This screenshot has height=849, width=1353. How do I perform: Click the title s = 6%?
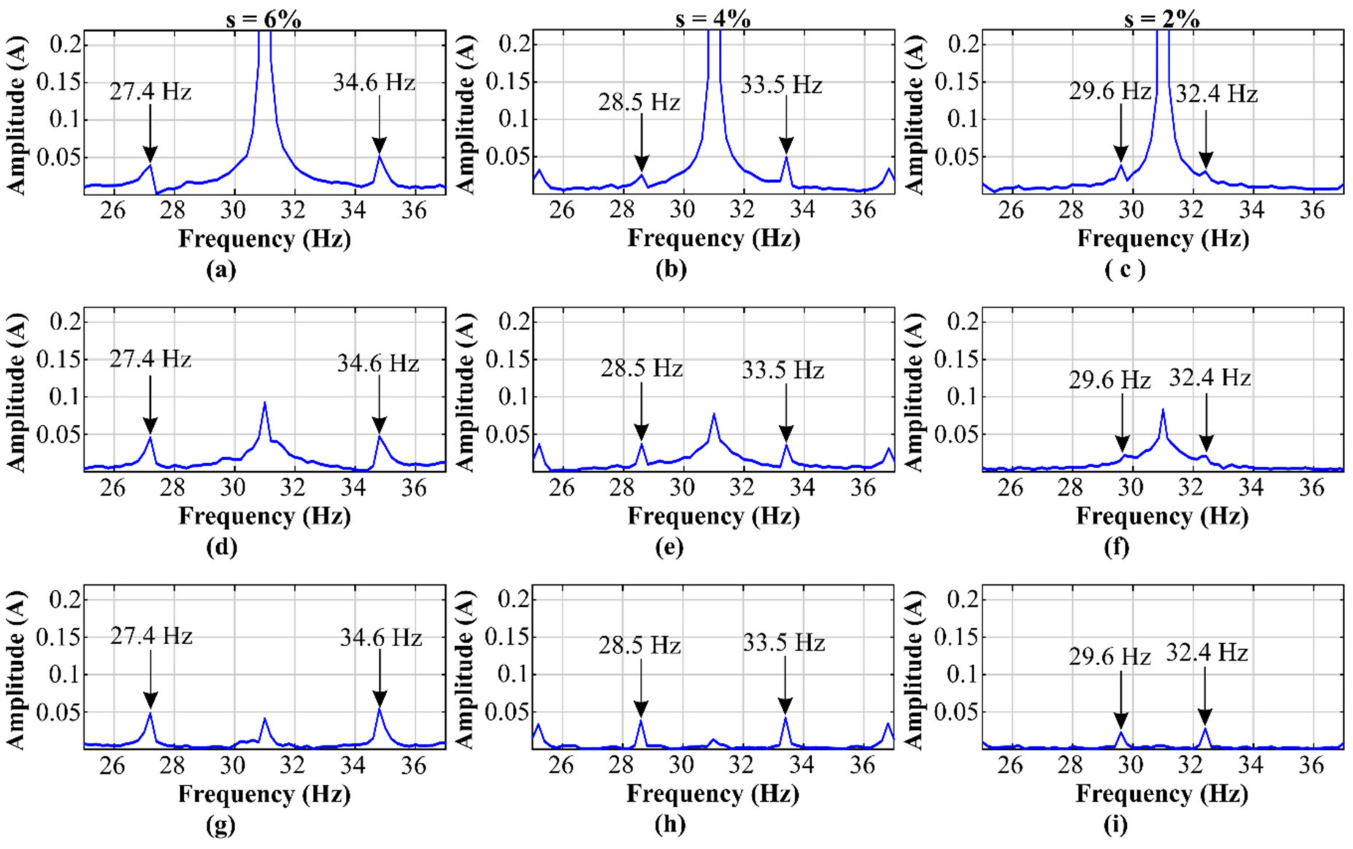pyautogui.click(x=260, y=20)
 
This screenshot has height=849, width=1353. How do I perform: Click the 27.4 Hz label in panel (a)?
pyautogui.click(x=150, y=92)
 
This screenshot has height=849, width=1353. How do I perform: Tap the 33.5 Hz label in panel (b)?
pyautogui.click(x=781, y=85)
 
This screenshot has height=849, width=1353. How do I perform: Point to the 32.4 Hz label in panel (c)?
pyautogui.click(x=1216, y=94)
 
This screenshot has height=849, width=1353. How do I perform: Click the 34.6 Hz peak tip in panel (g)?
pyautogui.click(x=380, y=709)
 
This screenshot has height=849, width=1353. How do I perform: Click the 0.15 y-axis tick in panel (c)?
pyautogui.click(x=953, y=82)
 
